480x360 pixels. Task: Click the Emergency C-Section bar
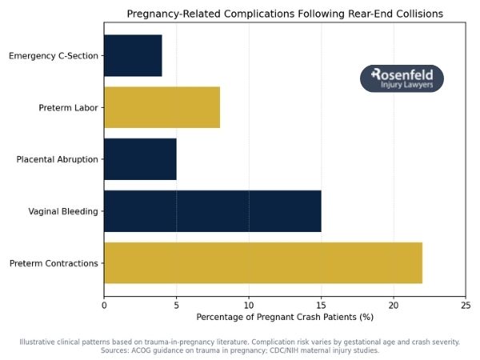pos(133,55)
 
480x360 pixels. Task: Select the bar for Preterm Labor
pos(162,107)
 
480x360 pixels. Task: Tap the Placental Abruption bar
pos(140,159)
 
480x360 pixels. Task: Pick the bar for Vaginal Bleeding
pos(212,211)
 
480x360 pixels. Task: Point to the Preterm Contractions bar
pos(262,263)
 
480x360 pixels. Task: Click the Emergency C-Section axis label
pos(53,56)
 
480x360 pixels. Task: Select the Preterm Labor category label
pos(68,108)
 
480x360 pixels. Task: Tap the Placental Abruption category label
pos(57,160)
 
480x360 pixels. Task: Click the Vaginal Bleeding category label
pos(63,212)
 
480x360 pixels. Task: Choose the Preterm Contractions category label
pos(54,264)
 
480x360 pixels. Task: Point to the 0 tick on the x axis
pos(104,305)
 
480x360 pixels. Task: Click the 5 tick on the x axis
pos(176,305)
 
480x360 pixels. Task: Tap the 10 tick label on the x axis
pos(249,305)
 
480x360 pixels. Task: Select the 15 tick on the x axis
pos(321,305)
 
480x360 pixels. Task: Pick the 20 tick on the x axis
pos(394,305)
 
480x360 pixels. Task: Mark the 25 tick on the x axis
pos(466,305)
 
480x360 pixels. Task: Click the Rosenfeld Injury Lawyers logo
pos(402,78)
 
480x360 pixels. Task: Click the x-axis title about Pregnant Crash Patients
pos(285,318)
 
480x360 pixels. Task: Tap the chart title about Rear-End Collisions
pos(285,14)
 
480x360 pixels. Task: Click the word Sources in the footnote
pos(117,350)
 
